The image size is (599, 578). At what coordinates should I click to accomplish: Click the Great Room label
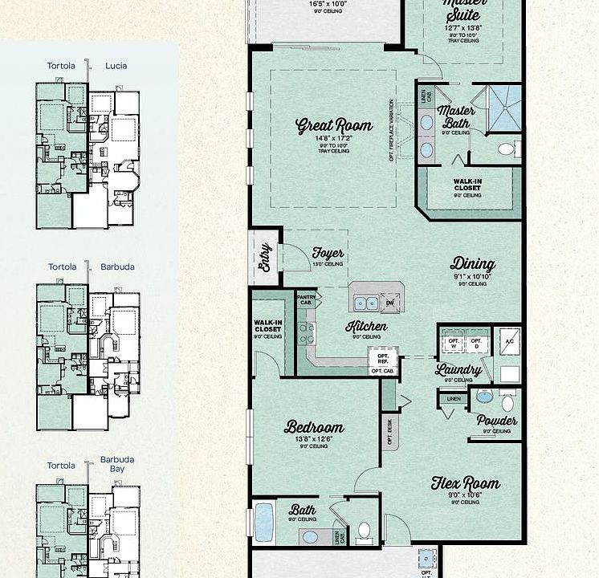(x=334, y=125)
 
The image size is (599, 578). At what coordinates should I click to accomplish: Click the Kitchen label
(x=366, y=326)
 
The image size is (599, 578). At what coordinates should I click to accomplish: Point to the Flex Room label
(x=466, y=483)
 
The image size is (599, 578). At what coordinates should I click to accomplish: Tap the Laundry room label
(x=459, y=370)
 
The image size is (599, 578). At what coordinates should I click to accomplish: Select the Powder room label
(x=497, y=420)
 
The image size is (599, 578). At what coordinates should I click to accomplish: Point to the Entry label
(x=266, y=258)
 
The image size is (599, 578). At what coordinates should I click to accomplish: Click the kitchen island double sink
(x=367, y=303)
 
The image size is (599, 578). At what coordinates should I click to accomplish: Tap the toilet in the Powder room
(x=507, y=398)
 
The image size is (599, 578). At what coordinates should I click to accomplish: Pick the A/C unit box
(x=509, y=341)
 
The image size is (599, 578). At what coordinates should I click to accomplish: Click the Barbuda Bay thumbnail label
(x=117, y=465)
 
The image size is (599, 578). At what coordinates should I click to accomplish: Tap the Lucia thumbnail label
(x=116, y=66)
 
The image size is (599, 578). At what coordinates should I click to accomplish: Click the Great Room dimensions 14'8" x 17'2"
(x=334, y=139)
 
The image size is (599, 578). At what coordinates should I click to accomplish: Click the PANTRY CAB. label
(x=306, y=299)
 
